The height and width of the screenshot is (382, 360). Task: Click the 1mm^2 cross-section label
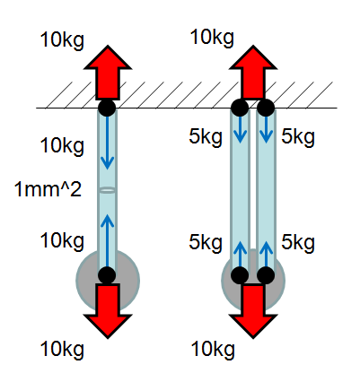(48, 189)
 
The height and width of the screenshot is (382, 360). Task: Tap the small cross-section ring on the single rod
(107, 190)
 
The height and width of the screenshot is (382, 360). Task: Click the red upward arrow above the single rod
(108, 73)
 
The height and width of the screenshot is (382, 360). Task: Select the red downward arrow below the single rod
(108, 311)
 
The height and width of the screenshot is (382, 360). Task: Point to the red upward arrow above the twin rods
(253, 73)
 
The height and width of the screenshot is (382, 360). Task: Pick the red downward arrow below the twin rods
(253, 311)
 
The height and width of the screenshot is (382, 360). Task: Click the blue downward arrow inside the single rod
(107, 143)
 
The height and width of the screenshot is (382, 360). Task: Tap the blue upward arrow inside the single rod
(107, 240)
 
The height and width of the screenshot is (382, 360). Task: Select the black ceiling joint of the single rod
(107, 108)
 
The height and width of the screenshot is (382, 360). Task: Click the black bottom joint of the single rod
(107, 275)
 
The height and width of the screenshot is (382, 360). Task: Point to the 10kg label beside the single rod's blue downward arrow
(62, 146)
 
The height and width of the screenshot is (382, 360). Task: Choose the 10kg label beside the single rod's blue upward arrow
(62, 241)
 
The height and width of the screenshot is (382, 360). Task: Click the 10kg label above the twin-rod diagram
(212, 38)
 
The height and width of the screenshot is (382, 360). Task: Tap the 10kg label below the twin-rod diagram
(213, 350)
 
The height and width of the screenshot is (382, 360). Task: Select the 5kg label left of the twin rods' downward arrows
(206, 137)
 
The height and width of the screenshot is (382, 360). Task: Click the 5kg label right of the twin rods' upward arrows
(298, 242)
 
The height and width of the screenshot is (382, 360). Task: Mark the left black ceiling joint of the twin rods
(240, 108)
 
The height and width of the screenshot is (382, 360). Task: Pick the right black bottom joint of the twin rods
(266, 275)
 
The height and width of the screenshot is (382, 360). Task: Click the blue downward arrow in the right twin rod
(266, 129)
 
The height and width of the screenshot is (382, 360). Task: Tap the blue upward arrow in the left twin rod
(240, 254)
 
